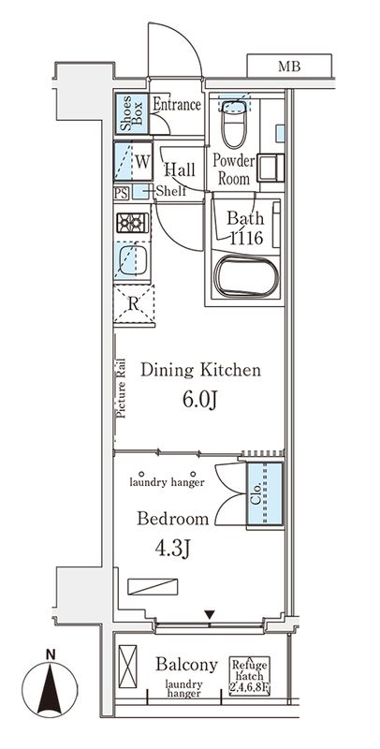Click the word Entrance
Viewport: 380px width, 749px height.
(176, 105)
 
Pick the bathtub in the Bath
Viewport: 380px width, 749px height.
(243, 278)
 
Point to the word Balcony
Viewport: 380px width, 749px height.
(187, 665)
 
